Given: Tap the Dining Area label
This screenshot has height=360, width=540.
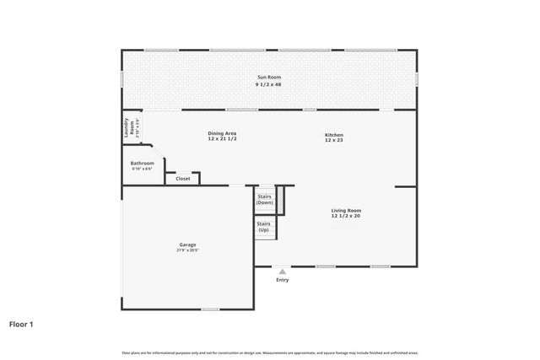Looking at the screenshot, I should [x=222, y=133].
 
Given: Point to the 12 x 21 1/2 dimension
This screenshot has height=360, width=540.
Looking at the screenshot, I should [x=222, y=139].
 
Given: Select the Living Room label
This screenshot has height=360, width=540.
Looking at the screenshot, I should [x=346, y=210].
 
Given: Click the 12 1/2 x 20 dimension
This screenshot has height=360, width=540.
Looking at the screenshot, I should [x=346, y=217].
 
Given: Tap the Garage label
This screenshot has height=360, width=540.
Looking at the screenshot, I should [x=186, y=244].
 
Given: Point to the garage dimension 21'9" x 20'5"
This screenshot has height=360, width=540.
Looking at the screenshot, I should [x=186, y=251].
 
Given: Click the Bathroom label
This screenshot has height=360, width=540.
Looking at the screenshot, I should [x=142, y=163].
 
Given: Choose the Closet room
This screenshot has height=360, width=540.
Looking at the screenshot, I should [x=183, y=178].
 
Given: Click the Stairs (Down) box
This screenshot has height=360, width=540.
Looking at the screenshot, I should [x=265, y=200].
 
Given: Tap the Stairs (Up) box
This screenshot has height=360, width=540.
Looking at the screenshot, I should [x=263, y=227].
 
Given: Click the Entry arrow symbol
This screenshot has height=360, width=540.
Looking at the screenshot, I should [x=282, y=271].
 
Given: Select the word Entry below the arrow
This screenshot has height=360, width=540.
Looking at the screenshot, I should [x=282, y=280].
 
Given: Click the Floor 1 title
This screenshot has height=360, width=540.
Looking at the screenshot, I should [x=21, y=323].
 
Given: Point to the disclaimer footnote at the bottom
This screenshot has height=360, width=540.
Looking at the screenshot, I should [x=269, y=352].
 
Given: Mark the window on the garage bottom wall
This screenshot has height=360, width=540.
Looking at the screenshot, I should [x=210, y=309].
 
